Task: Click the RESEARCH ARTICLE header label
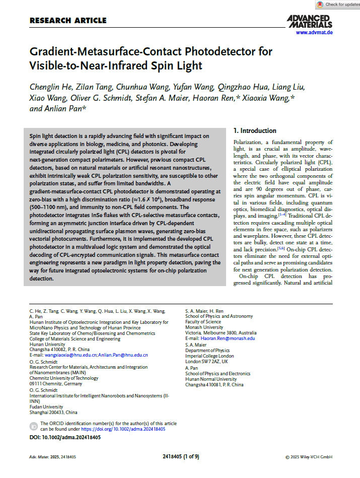click(68, 21)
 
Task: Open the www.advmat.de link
click(314, 32)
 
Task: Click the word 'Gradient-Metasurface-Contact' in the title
click(101, 51)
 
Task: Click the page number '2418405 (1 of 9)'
click(181, 457)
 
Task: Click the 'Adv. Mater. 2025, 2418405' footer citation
click(53, 457)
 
